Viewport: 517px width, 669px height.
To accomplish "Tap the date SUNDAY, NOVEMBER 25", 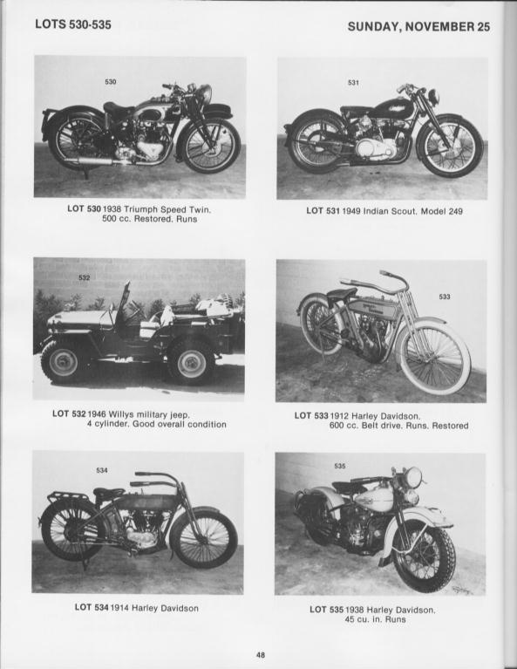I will click(x=418, y=26).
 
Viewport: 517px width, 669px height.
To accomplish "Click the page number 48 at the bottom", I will click(x=260, y=654).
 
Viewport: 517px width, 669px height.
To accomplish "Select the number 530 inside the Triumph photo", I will click(x=111, y=82).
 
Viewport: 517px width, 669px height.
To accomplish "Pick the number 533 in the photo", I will click(x=445, y=297).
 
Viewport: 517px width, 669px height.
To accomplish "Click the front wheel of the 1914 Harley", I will click(x=203, y=537).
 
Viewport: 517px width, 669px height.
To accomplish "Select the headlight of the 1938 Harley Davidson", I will click(x=411, y=478).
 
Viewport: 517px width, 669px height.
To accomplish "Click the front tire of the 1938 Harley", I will click(x=425, y=556).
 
